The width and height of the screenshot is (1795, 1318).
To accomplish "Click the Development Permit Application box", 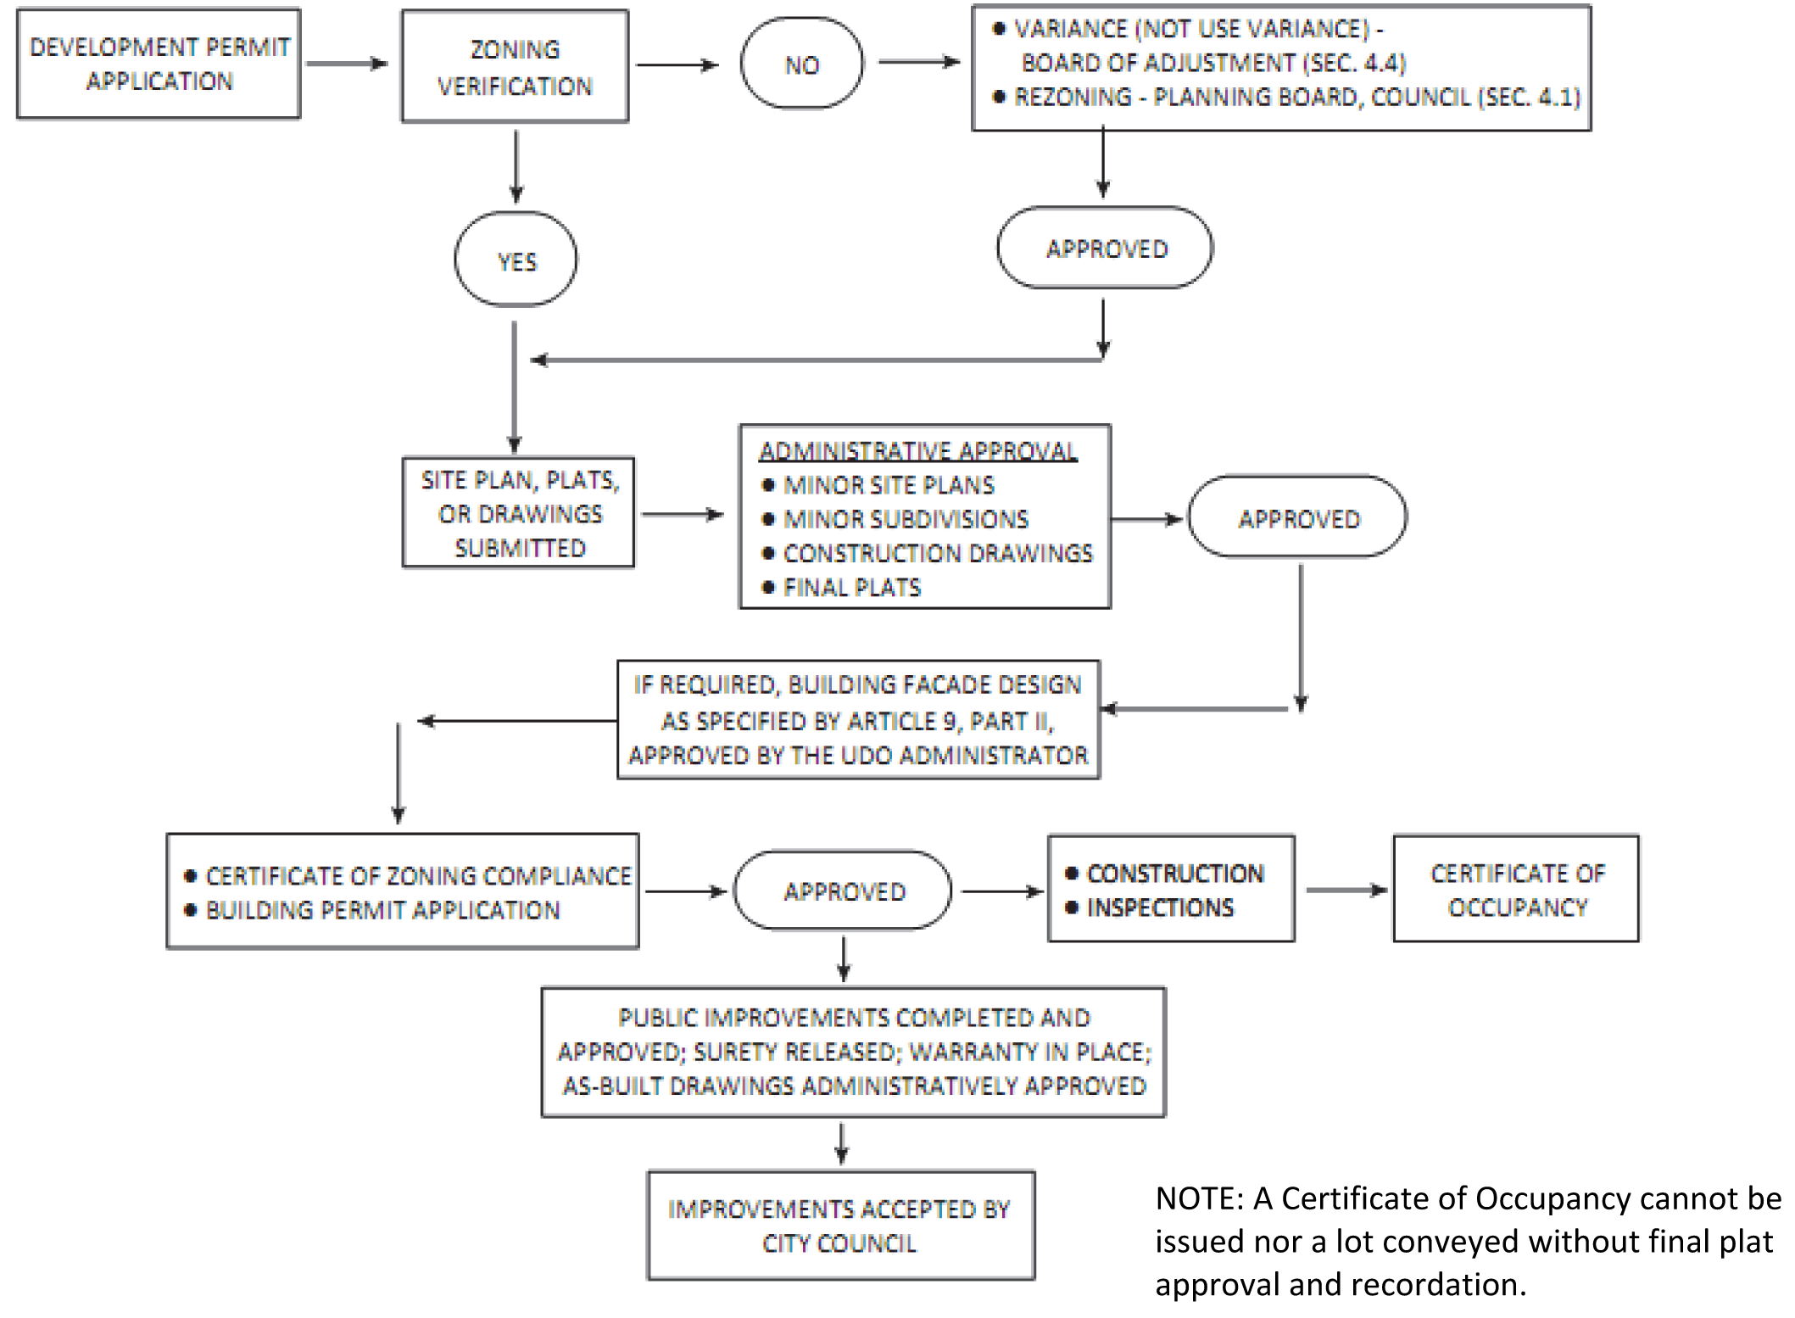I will tap(159, 64).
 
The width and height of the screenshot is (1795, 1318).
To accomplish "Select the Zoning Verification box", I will tap(515, 66).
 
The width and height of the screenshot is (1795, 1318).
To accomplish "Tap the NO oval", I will tap(801, 64).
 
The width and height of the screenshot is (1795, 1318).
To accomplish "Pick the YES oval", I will tap(516, 260).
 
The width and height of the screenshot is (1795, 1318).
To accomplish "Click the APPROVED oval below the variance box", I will tap(1106, 248).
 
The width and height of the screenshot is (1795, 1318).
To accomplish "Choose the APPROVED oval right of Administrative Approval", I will tap(1298, 518).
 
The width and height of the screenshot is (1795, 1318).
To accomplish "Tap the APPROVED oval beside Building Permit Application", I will tap(843, 891).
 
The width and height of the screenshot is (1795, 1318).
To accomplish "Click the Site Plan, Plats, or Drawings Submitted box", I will tap(519, 513).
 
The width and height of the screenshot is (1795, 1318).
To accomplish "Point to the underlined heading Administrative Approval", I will tap(917, 450).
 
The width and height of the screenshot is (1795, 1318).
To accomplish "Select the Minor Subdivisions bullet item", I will tap(905, 519).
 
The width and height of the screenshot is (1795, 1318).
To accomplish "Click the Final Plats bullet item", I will tap(851, 587).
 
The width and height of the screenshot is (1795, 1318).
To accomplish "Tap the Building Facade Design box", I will tap(858, 720).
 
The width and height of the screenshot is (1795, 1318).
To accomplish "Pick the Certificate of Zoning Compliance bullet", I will tap(417, 875).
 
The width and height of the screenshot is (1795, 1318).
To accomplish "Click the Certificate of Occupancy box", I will tap(1516, 890).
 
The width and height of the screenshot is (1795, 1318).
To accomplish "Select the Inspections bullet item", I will tap(1159, 908).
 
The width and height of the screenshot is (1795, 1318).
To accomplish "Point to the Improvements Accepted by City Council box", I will tap(840, 1226).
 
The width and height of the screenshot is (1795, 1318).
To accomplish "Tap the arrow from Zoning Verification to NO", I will tap(677, 65).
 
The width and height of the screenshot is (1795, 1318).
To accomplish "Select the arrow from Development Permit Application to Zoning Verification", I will tap(347, 64).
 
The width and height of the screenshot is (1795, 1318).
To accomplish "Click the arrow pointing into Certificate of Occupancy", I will tap(1346, 891).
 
